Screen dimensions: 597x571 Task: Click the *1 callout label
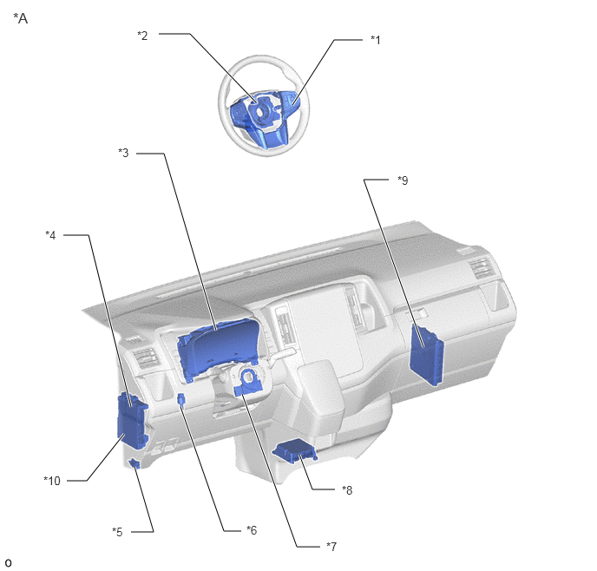(376, 40)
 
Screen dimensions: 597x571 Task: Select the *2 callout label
(142, 36)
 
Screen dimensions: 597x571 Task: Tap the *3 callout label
(123, 153)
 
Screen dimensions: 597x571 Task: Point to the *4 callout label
(50, 235)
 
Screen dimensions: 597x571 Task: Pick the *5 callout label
(118, 532)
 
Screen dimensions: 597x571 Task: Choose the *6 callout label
(252, 530)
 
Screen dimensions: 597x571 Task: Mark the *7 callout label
(331, 547)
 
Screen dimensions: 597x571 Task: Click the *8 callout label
(347, 490)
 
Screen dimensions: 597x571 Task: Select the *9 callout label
(403, 180)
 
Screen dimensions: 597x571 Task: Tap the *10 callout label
(52, 481)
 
